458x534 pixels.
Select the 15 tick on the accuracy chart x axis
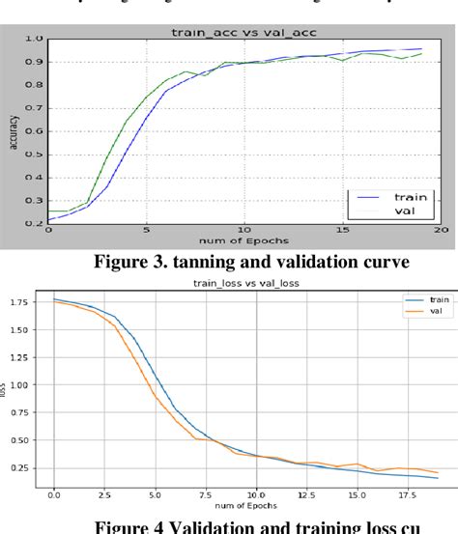click(342, 230)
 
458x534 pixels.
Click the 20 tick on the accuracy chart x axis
click(441, 230)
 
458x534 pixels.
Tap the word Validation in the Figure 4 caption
click(215, 525)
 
